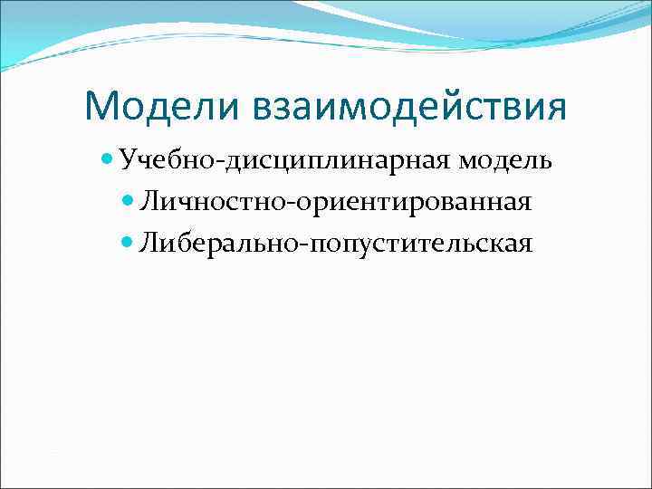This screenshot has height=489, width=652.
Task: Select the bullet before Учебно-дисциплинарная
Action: (x=108, y=160)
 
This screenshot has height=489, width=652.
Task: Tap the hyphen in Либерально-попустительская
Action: (x=302, y=245)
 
